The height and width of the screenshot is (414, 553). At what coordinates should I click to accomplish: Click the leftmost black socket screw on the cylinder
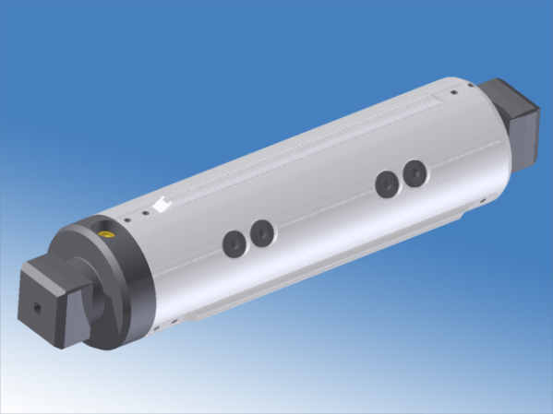233,243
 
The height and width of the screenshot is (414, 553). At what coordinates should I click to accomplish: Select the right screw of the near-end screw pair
262,233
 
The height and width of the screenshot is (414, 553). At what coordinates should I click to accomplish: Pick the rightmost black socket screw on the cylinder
415,172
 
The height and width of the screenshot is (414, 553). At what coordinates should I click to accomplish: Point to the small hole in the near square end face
36,304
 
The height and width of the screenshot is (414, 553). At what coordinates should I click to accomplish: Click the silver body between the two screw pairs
323,207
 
